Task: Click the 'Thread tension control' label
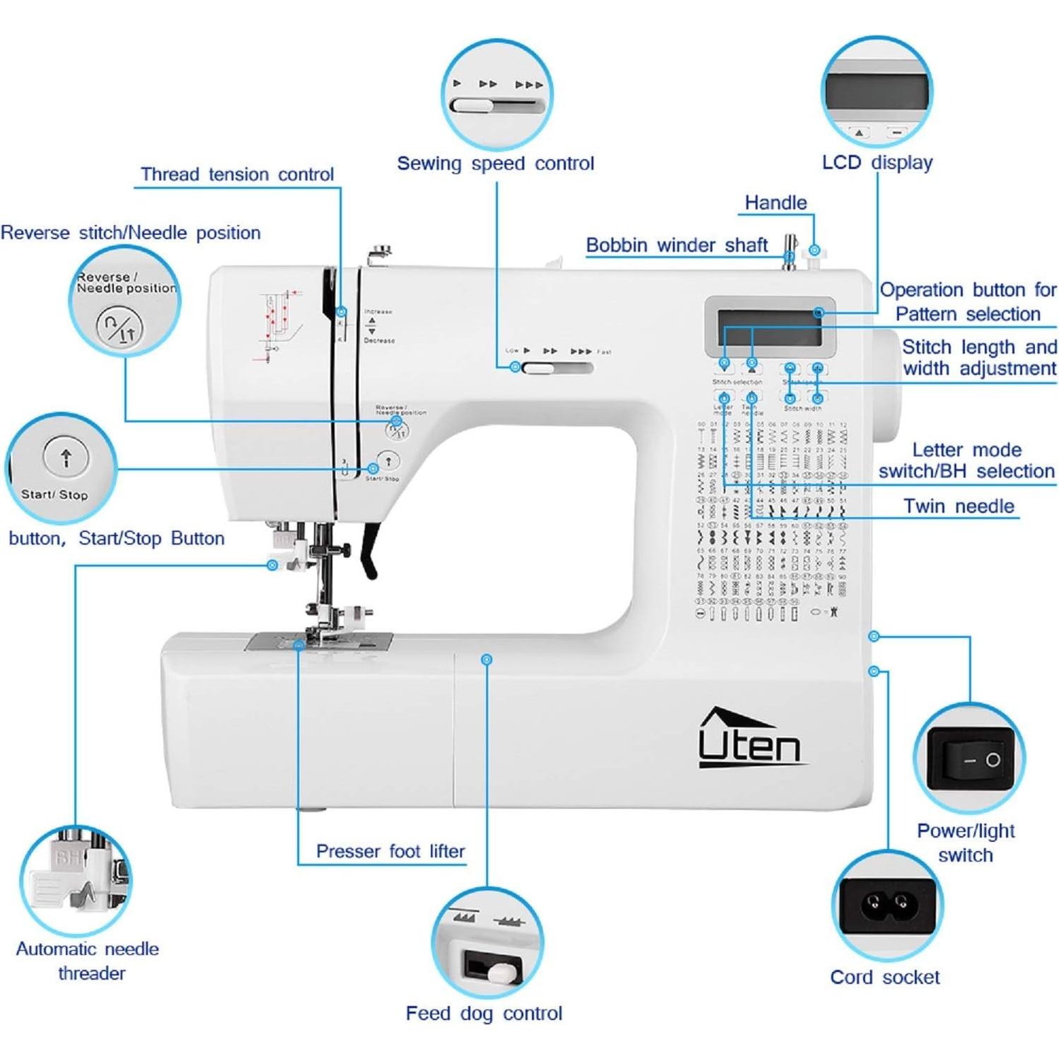tap(237, 174)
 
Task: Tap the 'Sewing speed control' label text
tap(495, 163)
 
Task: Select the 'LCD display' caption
tap(877, 162)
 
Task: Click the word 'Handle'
tap(775, 203)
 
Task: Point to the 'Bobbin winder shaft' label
tap(676, 245)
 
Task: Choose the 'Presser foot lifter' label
tap(390, 851)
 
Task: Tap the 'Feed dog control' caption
tap(484, 1013)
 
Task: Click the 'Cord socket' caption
tap(884, 977)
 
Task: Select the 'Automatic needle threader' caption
tap(88, 960)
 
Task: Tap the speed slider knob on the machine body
tap(538, 368)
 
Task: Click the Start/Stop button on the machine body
tap(388, 461)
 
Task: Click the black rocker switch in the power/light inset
tap(971, 760)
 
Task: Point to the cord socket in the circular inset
tap(887, 903)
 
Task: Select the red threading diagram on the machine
tap(277, 325)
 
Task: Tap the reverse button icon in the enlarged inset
tap(120, 328)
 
